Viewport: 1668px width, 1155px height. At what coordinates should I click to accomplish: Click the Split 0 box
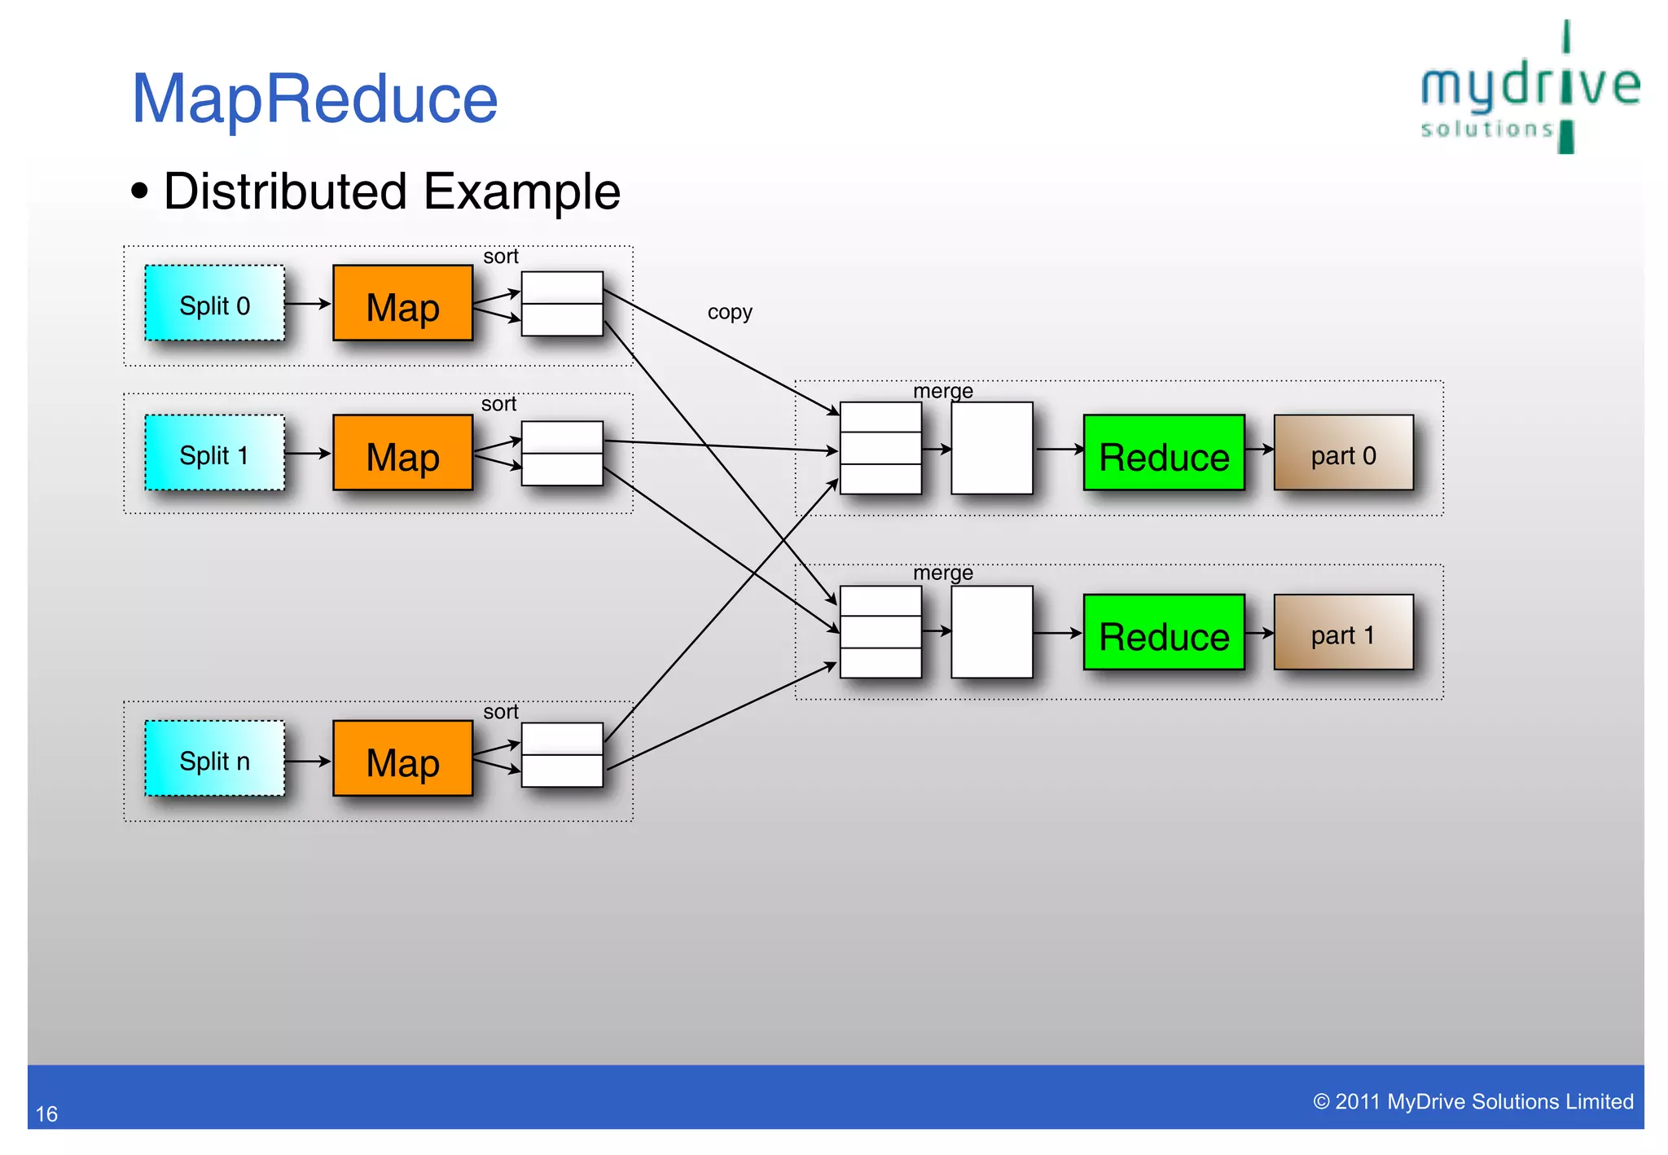tap(215, 303)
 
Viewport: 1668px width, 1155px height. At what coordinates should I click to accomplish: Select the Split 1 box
tap(215, 453)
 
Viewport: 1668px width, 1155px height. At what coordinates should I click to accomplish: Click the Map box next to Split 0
tap(403, 303)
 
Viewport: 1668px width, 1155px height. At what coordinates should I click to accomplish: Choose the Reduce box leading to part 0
tap(1164, 453)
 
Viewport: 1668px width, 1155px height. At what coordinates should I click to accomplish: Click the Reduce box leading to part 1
tap(1164, 633)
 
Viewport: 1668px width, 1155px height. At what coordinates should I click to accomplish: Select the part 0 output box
tap(1344, 453)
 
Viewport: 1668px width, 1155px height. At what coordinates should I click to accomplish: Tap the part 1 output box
tap(1344, 633)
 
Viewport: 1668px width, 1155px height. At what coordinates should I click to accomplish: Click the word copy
tap(730, 312)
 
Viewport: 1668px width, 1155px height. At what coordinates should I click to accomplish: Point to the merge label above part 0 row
tap(943, 391)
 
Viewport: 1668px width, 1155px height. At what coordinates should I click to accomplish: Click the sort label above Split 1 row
tap(498, 404)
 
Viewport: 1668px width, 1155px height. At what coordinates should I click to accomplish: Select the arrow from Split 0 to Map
tap(308, 304)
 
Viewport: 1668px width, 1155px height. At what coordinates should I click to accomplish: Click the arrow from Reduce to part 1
tap(1259, 633)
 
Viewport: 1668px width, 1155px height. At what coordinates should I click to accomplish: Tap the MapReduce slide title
tap(314, 99)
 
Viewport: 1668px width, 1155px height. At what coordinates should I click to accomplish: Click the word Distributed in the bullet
tap(285, 191)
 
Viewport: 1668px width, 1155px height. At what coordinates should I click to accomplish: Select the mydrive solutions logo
tap(1530, 90)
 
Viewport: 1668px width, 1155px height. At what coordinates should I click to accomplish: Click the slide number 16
tap(46, 1113)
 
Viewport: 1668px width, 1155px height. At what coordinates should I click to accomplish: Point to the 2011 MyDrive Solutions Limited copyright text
tap(1473, 1101)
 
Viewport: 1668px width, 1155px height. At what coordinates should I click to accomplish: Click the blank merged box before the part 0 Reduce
tap(992, 448)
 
